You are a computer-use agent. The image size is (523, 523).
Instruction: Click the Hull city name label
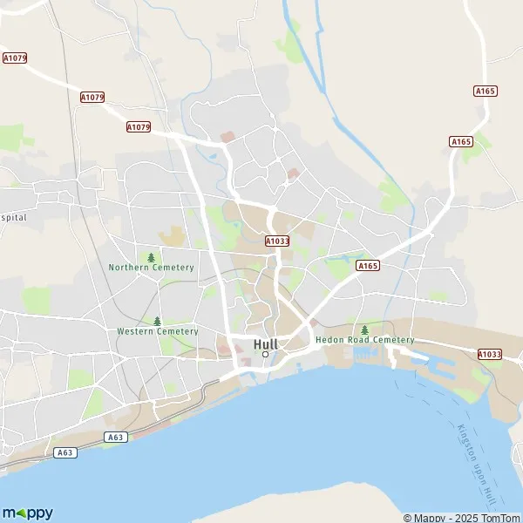265,344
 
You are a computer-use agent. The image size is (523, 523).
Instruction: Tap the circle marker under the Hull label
265,354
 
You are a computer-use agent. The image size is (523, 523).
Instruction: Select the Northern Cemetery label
151,268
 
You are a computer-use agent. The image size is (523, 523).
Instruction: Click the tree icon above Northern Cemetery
152,257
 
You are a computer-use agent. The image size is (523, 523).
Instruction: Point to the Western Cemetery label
158,331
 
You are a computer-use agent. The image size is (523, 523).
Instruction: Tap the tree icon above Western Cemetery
158,321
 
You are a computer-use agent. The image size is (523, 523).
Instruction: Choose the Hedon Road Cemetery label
364,339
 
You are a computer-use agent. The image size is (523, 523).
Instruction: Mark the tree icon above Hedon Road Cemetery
364,329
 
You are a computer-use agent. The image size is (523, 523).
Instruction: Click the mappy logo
27,513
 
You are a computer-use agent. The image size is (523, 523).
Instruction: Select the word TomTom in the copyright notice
499,518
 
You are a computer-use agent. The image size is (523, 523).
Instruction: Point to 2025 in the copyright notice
466,518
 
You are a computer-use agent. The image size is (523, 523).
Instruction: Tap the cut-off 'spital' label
13,216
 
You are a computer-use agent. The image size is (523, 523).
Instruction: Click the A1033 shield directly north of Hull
277,241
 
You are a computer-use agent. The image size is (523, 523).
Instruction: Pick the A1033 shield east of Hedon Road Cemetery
490,354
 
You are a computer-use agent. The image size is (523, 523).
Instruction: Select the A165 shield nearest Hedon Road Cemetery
367,266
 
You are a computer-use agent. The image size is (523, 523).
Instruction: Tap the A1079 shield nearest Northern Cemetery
139,127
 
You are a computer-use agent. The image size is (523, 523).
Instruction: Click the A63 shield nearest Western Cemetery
114,436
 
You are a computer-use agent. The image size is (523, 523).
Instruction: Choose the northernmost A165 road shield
485,91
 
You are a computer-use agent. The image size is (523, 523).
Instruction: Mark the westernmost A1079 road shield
15,58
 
